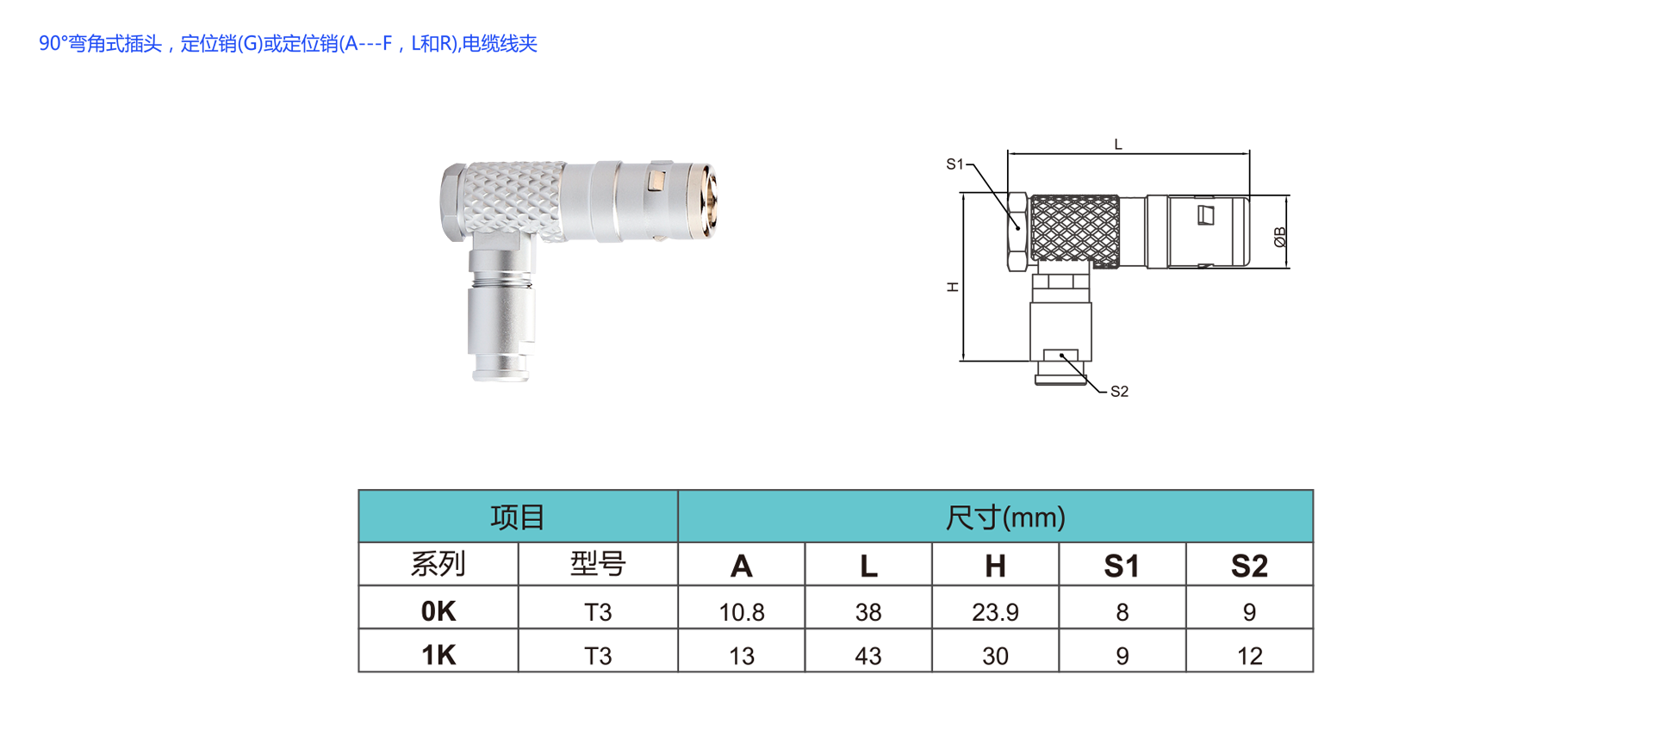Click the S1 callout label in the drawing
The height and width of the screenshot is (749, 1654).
pyautogui.click(x=954, y=164)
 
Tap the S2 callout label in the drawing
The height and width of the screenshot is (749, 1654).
pyautogui.click(x=1119, y=392)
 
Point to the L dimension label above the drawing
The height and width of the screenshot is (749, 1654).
pyautogui.click(x=1118, y=145)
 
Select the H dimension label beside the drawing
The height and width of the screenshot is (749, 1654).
pyautogui.click(x=953, y=287)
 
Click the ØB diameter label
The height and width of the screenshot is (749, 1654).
pyautogui.click(x=1280, y=237)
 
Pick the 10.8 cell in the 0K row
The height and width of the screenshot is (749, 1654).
pyautogui.click(x=742, y=612)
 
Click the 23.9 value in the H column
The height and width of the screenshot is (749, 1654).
pyautogui.click(x=995, y=612)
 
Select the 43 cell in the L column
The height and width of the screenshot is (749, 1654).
pyautogui.click(x=868, y=656)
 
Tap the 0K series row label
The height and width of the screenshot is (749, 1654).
pyautogui.click(x=438, y=611)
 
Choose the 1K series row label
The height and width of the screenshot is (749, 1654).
pyautogui.click(x=438, y=655)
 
